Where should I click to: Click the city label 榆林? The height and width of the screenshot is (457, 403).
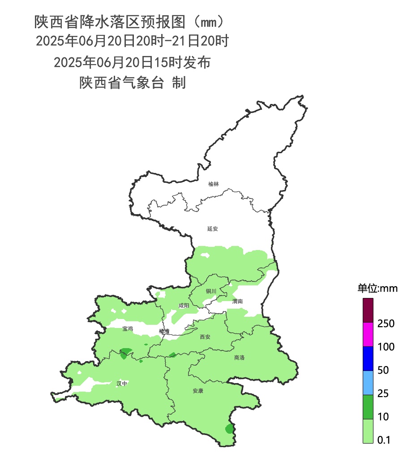(x=214, y=184)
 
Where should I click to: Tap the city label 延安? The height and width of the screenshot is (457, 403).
(x=212, y=228)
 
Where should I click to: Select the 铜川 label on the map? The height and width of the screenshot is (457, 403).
(x=211, y=291)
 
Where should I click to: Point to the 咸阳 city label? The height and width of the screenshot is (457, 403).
(x=184, y=306)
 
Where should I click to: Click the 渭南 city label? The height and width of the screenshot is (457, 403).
(x=237, y=302)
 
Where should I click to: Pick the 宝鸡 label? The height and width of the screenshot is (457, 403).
(x=128, y=328)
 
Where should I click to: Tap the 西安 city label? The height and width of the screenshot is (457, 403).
(x=205, y=336)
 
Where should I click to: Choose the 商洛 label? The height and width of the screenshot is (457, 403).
(x=240, y=358)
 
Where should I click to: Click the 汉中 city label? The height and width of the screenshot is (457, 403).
(x=122, y=384)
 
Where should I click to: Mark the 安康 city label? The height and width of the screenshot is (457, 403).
(x=198, y=391)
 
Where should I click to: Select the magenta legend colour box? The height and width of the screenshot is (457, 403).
(x=368, y=334)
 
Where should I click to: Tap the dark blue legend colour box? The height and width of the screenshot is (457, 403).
(x=368, y=358)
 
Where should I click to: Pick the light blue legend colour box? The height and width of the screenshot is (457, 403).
(x=368, y=383)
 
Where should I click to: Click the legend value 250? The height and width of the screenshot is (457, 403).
(x=386, y=323)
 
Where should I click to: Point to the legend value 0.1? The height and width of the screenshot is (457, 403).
(x=384, y=440)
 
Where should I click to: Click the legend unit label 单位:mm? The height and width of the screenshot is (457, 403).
(x=377, y=288)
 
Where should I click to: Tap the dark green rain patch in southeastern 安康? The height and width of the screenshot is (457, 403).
(x=229, y=429)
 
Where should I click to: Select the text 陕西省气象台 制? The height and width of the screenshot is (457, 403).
(x=133, y=83)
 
